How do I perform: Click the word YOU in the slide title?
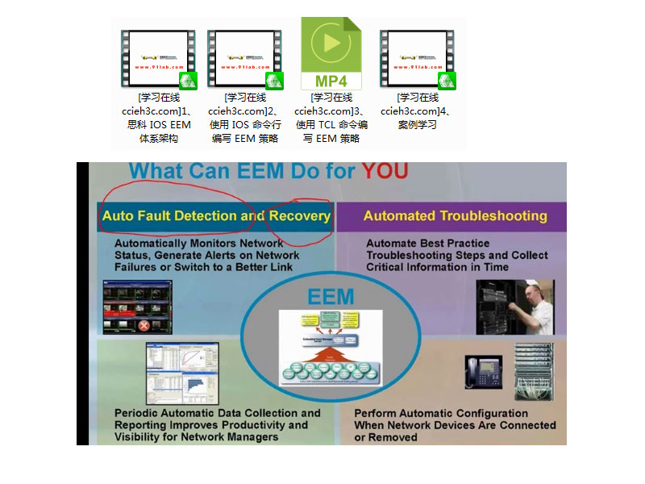pyautogui.click(x=384, y=171)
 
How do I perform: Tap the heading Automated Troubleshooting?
pyautogui.click(x=455, y=215)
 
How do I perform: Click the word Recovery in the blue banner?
pyautogui.click(x=299, y=215)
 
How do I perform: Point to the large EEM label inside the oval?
pyautogui.click(x=331, y=296)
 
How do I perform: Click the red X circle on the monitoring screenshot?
pyautogui.click(x=143, y=326)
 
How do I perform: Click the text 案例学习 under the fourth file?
pyautogui.click(x=417, y=124)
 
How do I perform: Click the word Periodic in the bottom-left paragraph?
pyautogui.click(x=135, y=413)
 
